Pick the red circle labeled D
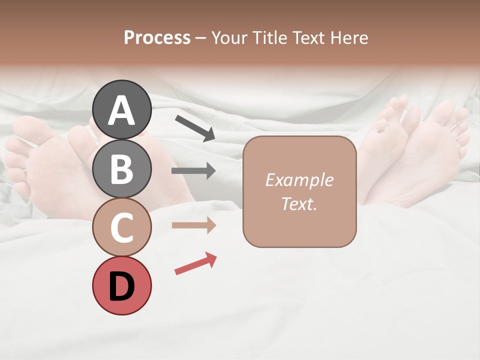121,285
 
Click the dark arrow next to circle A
195,128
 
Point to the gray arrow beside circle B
193,171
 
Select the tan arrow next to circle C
193,225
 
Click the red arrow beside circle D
195,263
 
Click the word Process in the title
157,38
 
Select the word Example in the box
299,180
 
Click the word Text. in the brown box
299,203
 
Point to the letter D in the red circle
121,286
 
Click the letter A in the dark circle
121,110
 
